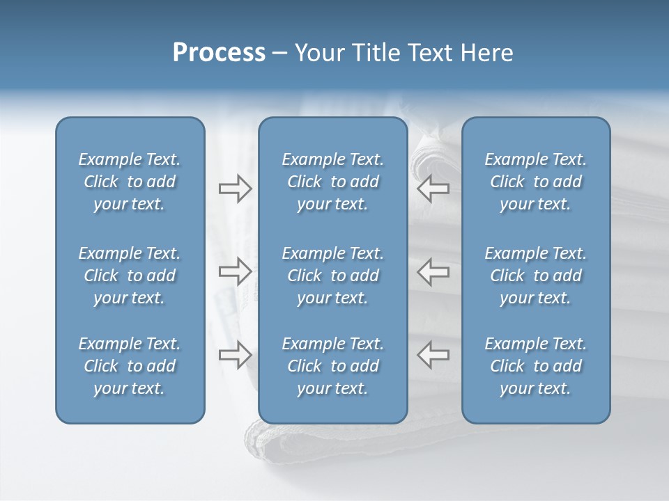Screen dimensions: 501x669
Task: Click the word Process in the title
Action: click(x=219, y=53)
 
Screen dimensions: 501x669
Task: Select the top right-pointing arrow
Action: click(x=235, y=189)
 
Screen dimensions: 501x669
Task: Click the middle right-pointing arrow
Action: click(x=235, y=271)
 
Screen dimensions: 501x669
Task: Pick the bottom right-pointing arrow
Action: click(x=235, y=354)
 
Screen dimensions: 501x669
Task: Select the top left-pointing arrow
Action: click(x=433, y=189)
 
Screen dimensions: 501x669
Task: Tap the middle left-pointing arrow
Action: click(x=433, y=271)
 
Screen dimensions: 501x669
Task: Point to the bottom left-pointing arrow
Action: click(x=433, y=354)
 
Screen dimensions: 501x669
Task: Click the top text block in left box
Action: click(x=130, y=182)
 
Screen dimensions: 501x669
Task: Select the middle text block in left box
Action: click(x=130, y=276)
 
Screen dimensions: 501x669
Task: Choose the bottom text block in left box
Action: click(x=130, y=366)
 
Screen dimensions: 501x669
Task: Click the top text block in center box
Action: click(x=332, y=182)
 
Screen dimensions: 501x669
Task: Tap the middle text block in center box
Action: click(x=332, y=276)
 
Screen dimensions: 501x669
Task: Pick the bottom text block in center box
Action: click(x=332, y=366)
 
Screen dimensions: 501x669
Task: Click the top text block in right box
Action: click(x=535, y=182)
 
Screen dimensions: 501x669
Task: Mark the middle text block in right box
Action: click(x=535, y=276)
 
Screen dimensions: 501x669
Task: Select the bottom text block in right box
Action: click(x=535, y=366)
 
